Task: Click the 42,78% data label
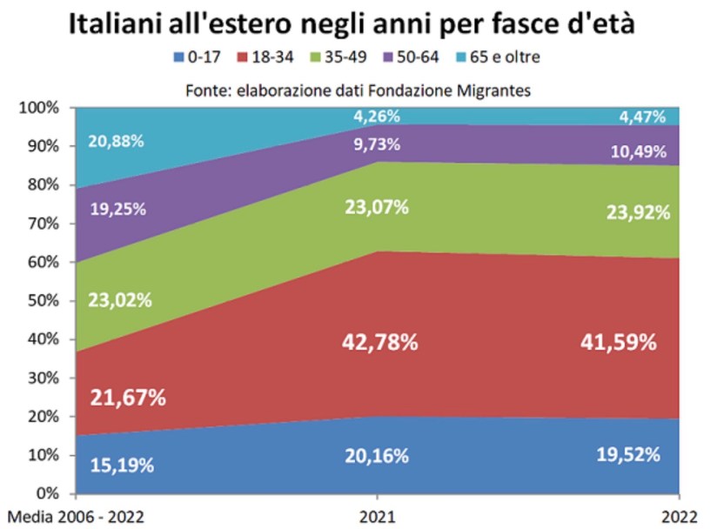tap(378, 342)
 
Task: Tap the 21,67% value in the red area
tap(128, 398)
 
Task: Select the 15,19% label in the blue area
tap(122, 464)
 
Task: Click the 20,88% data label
tap(116, 142)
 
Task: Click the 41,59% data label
tap(619, 343)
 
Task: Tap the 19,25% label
tap(116, 209)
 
